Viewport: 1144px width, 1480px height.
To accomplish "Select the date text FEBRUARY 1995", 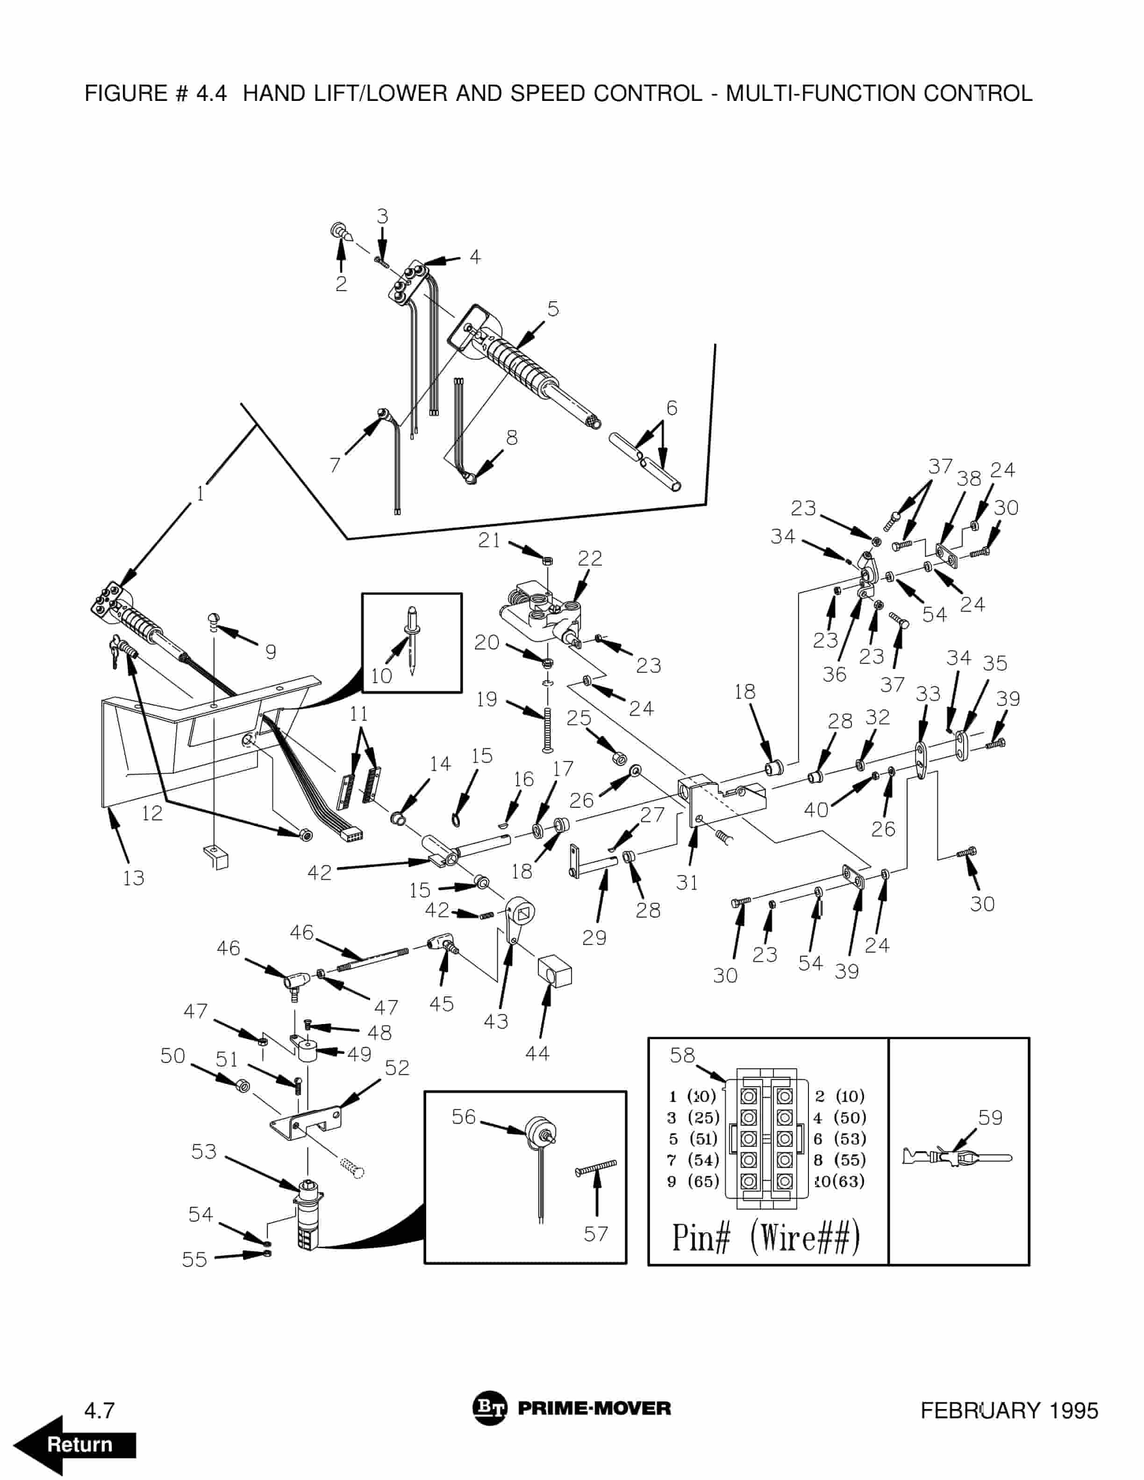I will coord(1008,1411).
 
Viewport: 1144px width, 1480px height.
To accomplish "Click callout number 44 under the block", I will coord(537,1053).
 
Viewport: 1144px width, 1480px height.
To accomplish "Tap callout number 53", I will coord(203,1151).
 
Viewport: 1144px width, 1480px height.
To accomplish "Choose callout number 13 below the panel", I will coord(134,877).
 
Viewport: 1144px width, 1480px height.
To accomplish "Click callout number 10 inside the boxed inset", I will coord(381,676).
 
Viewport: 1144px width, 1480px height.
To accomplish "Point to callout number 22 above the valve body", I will coord(590,558).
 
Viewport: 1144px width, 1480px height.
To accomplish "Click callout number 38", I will coord(968,478).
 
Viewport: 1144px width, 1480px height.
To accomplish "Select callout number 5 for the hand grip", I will coord(553,309).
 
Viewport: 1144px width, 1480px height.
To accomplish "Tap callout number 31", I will coord(686,882).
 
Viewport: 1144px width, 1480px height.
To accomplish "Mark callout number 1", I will coord(200,494).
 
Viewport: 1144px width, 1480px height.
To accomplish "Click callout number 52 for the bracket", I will coord(397,1068).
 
